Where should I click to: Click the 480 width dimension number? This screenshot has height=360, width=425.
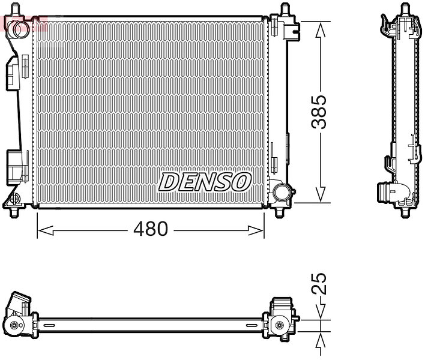pyautogui.click(x=151, y=229)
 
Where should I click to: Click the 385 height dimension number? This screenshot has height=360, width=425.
pyautogui.click(x=319, y=112)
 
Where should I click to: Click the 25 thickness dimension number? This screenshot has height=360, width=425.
pyautogui.click(x=319, y=284)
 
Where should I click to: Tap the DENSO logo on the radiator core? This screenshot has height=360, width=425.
pyautogui.click(x=205, y=182)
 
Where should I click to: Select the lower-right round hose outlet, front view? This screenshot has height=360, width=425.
pyautogui.click(x=282, y=192)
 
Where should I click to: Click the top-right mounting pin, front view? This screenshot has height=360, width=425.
pyautogui.click(x=285, y=8)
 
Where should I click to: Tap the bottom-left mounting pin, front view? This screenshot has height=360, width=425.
pyautogui.click(x=14, y=212)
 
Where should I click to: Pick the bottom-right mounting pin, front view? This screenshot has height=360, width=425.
pyautogui.click(x=279, y=212)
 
